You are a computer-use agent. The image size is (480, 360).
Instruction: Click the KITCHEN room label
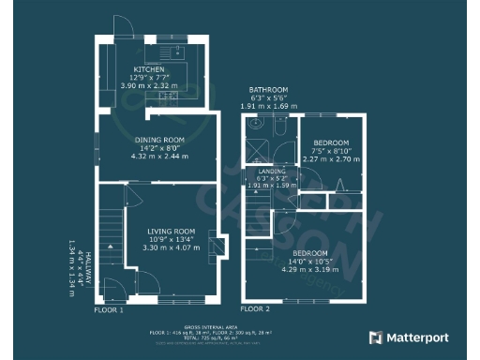click(x=150, y=69)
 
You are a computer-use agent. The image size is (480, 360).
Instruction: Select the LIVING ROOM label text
click(x=171, y=231)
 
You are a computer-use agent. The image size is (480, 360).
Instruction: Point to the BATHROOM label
click(x=267, y=90)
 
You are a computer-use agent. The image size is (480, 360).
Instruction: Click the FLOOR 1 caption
click(x=109, y=308)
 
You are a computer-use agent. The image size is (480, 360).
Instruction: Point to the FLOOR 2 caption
click(x=254, y=308)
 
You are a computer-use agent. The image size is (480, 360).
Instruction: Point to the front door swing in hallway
click(x=112, y=288)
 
